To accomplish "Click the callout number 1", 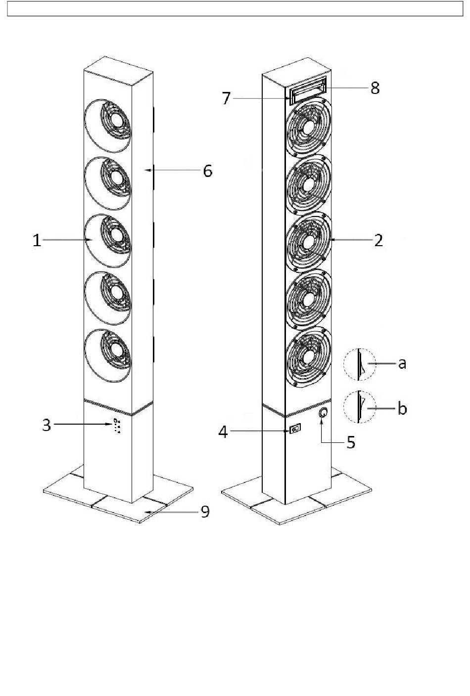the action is (x=37, y=241).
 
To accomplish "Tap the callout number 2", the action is (x=378, y=240).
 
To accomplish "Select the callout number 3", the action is (x=47, y=425).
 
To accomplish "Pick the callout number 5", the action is (x=351, y=442).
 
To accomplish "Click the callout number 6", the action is (x=207, y=171).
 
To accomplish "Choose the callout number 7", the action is (x=226, y=98).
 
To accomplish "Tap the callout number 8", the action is (x=375, y=88).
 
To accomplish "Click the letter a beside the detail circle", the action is (x=402, y=363).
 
